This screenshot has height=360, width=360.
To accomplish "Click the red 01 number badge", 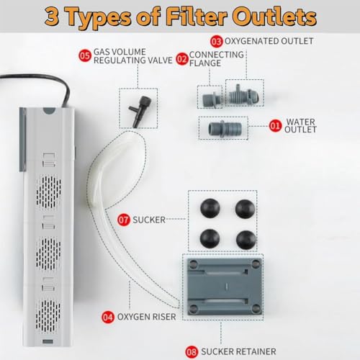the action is tap(275, 126).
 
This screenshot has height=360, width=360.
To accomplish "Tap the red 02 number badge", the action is tap(182, 59).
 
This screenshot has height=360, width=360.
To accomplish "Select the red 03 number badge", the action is tap(217, 42).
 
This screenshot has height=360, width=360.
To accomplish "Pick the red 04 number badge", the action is tap(108, 317).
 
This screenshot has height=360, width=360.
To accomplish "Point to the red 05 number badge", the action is tap(85, 55).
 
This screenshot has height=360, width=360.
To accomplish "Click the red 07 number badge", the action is tap(124, 220).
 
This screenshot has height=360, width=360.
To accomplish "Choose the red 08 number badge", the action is tap(192, 352).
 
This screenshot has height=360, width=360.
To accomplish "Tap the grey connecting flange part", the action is tap(210, 98).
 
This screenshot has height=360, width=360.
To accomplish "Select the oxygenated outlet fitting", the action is tap(244, 95).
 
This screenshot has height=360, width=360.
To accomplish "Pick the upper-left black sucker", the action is tap(210, 208).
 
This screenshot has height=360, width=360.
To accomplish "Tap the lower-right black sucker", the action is tap(246, 240).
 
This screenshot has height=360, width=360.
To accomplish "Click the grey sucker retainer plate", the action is tap(225, 287).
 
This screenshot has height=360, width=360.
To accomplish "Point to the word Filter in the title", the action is tap(197, 17).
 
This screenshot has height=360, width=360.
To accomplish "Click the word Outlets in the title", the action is tap(274, 17).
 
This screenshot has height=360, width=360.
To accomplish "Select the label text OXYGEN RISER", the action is tap(146, 317).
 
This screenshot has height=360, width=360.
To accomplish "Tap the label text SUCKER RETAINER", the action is tap(238, 351).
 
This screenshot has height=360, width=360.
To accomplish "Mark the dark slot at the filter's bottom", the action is tap(48, 341).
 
